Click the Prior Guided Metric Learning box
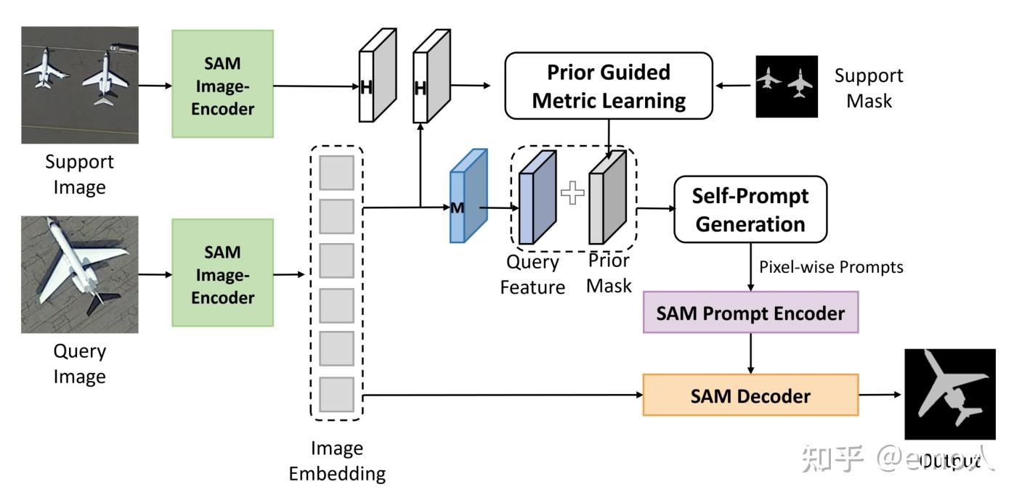click(x=609, y=86)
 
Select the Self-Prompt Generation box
click(x=750, y=209)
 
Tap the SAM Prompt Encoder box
click(x=750, y=313)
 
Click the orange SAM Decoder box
click(x=750, y=396)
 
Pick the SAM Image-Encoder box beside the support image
click(x=222, y=84)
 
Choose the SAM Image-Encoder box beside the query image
click(x=222, y=274)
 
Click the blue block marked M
click(x=466, y=197)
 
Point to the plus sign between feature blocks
click(x=572, y=192)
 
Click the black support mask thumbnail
click(x=787, y=86)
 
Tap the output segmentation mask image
click(x=949, y=394)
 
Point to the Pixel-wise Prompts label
click(x=831, y=267)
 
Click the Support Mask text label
click(x=869, y=87)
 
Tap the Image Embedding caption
click(x=337, y=461)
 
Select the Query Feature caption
click(x=532, y=274)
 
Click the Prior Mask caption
click(x=609, y=272)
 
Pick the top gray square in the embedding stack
click(x=336, y=173)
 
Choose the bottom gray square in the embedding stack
click(x=336, y=394)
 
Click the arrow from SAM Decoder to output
click(x=880, y=396)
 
